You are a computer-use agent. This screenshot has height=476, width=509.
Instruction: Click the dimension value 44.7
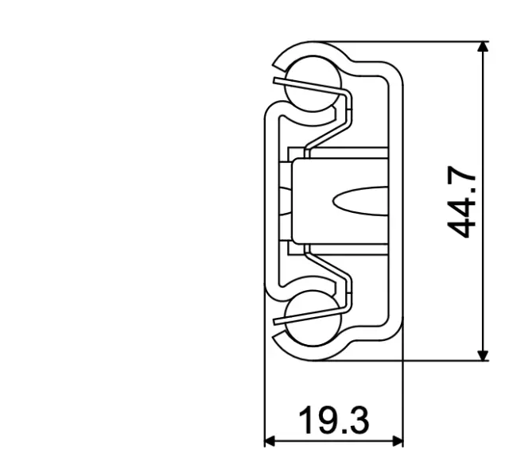tap(462, 203)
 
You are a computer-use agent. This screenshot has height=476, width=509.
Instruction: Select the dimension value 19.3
tap(334, 420)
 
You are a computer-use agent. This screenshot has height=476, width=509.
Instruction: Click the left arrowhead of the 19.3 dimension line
tap(270, 440)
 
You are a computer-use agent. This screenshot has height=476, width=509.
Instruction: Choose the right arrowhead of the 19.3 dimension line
tap(397, 440)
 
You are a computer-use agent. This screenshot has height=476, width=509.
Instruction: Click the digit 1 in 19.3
tap(305, 420)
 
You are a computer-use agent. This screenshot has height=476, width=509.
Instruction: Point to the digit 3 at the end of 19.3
tap(358, 420)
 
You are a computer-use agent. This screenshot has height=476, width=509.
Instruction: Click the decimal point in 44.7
tap(473, 195)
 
